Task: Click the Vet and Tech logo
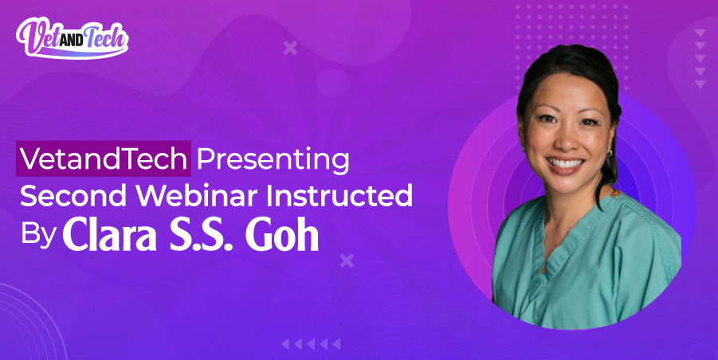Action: (72, 37)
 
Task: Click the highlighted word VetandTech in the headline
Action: (104, 159)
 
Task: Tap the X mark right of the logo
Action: (290, 49)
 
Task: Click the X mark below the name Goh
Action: (346, 260)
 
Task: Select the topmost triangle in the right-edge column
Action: (700, 33)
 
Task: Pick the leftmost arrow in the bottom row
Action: (285, 344)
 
